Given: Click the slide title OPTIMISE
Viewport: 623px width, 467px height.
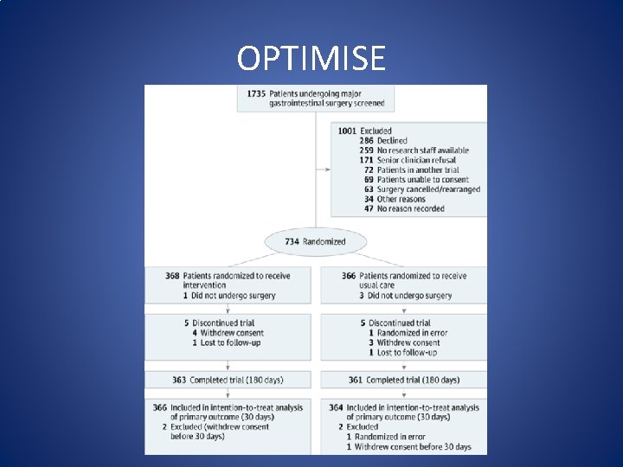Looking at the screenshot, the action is click(311, 59).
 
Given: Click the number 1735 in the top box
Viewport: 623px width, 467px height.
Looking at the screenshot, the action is click(256, 93).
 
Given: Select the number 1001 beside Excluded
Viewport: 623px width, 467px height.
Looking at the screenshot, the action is click(347, 131).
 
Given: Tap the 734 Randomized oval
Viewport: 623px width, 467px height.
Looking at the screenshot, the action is click(315, 241).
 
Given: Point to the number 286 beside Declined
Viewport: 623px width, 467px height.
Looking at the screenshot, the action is click(366, 141).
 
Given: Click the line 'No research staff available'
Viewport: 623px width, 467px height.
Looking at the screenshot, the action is click(422, 150).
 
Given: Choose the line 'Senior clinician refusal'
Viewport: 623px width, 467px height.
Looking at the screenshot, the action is click(418, 160).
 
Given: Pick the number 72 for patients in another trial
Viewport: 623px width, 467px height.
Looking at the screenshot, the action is click(369, 170).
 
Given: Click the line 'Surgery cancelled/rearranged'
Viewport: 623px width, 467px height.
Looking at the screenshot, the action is click(428, 189).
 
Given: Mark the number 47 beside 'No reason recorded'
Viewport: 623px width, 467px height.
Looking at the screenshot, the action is click(369, 208).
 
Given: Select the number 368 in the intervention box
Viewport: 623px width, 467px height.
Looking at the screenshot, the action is click(172, 276).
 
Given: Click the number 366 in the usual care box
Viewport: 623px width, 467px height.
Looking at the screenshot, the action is click(348, 276).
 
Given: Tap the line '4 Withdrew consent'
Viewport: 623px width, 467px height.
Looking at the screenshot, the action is click(228, 333).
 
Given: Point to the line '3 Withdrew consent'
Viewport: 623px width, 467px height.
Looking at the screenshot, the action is click(404, 342).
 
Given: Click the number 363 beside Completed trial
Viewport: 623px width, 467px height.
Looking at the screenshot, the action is click(179, 380).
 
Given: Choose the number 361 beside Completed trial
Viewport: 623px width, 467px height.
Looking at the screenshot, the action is click(355, 380).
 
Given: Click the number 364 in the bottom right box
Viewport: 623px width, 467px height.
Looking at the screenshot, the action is click(336, 407).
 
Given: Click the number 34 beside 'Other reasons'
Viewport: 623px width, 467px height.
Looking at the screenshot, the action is click(369, 199).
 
